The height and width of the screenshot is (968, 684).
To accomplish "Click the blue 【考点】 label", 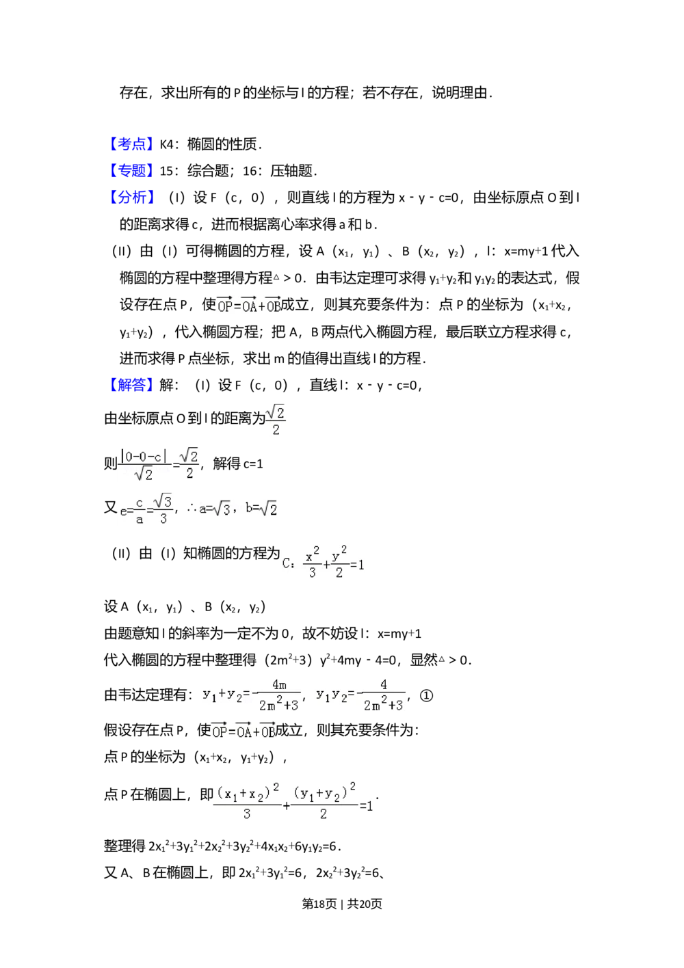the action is pos(131,144).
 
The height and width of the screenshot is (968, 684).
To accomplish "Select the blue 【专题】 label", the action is pos(131,170).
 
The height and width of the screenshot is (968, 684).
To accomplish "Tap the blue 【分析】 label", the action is pos(131,197).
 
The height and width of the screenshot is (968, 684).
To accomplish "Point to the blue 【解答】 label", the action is pos(131,385).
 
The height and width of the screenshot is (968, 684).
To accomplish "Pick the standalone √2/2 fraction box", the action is pos(276,418).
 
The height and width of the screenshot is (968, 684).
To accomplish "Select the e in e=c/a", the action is pos(123,511).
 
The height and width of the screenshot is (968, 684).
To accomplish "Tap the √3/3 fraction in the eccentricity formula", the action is pos(163,510).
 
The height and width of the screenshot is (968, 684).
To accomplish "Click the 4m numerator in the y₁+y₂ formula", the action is pos(278,684).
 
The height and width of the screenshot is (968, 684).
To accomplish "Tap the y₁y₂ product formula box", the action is pos(360,695).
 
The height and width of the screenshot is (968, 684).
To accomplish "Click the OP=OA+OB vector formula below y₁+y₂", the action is pos(244,731).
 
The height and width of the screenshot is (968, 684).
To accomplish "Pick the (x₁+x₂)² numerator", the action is pos(248,793).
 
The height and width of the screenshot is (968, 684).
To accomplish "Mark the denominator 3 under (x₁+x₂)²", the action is pos(247,814).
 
